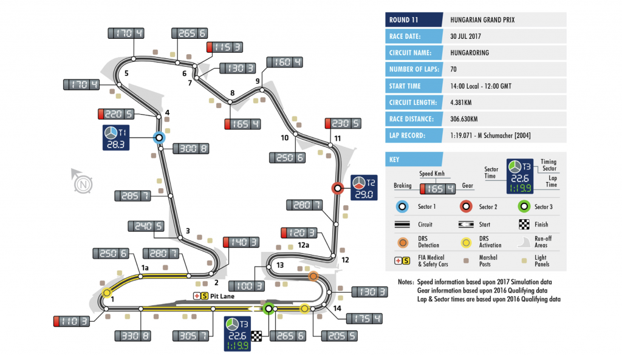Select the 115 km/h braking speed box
225,47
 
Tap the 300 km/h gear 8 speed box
191,148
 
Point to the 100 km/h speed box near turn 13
247,285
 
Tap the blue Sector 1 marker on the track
159,138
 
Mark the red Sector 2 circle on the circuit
338,188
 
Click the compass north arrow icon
81,181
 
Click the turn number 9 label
258,81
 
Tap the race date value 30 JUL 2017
471,36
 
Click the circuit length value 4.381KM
464,103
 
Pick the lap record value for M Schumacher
490,136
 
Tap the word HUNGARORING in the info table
470,53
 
